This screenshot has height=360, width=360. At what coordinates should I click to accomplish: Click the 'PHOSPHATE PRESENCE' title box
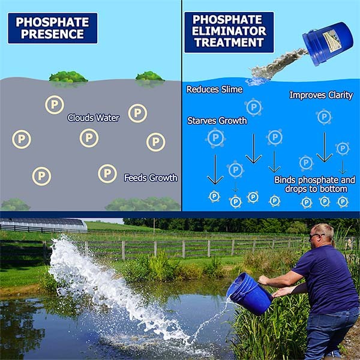52,28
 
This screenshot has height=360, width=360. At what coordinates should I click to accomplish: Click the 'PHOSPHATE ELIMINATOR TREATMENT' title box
229,31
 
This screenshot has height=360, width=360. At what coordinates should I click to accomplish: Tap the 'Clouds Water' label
93,118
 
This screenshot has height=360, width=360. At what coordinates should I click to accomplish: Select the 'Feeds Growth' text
151,178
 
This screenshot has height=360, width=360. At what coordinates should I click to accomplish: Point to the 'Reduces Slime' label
214,89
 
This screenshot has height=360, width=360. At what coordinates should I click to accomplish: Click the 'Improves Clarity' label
321,95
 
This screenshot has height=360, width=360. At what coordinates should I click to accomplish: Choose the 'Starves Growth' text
217,121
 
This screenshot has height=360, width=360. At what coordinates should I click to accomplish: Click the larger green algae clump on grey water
68,77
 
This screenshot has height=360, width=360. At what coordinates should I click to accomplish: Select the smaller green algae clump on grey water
149,76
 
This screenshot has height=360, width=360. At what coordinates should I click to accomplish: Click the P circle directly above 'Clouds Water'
55,105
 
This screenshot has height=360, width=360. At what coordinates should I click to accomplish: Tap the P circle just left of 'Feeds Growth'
107,173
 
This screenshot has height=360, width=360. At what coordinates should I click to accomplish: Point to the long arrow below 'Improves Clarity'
325,147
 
